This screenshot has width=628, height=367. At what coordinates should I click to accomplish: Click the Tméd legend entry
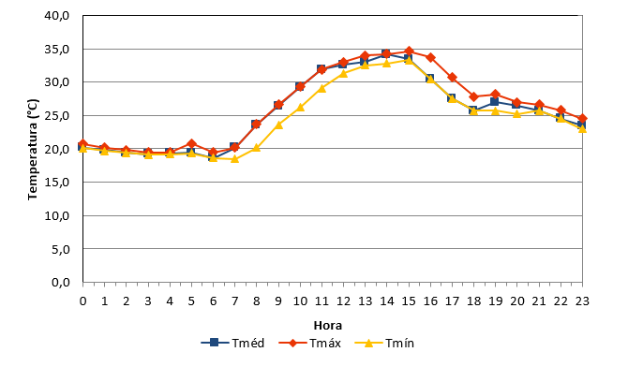pos(232,343)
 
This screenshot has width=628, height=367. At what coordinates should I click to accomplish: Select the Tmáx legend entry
pos(310,343)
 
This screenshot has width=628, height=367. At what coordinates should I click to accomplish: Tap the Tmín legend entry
pos(384,343)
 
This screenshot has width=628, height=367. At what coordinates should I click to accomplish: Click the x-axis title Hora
pos(328,326)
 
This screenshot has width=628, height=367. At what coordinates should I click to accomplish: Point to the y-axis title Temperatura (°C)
pos(33,149)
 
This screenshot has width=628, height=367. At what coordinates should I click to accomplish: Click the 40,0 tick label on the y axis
pos(58,16)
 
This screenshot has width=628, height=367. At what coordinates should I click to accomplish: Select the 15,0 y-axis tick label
pos(58,183)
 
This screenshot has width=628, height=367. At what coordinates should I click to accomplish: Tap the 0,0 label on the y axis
pos(61,282)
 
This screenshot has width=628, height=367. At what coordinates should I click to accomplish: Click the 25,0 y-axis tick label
pos(58,116)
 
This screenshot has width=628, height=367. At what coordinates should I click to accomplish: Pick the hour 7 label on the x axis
pos(234,301)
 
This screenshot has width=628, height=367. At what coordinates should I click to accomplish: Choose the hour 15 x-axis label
pos(409,301)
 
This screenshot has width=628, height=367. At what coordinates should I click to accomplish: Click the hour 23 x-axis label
pos(582,301)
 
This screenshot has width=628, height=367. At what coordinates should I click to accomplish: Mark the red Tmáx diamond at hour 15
pos(409,51)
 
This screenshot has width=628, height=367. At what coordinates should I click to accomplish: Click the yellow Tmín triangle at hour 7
pos(234,158)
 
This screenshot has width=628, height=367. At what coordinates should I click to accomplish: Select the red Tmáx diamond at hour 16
pos(430,58)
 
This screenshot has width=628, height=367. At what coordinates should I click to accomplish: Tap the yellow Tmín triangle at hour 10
pos(300,107)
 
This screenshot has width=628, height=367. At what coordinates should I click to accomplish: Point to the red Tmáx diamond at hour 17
pos(452,78)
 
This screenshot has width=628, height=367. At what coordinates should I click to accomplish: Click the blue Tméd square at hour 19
pos(496,102)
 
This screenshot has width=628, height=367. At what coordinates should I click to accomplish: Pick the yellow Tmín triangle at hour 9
pos(278,125)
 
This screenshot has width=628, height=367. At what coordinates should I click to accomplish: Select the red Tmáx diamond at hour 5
pos(191,143)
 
